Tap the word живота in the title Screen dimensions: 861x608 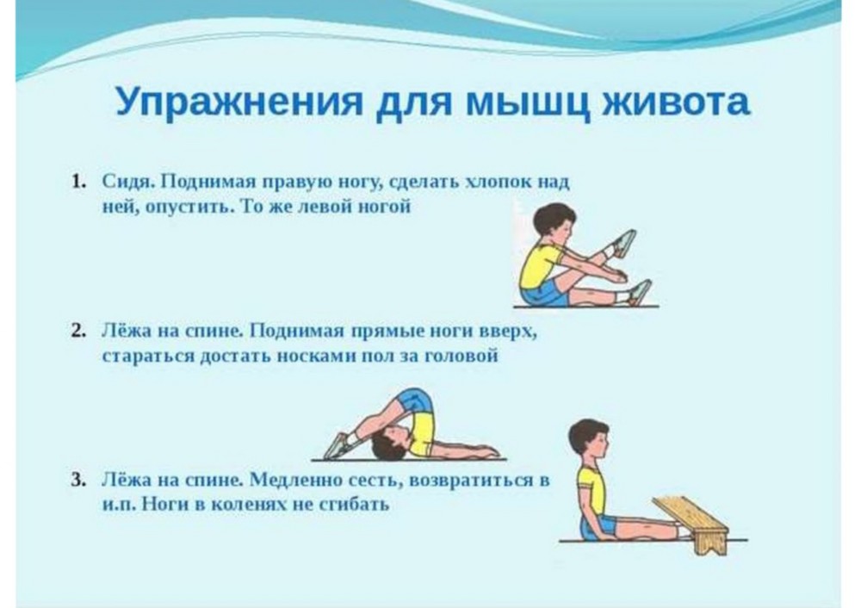[675, 101]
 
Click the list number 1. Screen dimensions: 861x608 [78, 182]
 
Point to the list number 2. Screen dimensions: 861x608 [78, 332]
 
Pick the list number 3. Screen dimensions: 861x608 [78, 480]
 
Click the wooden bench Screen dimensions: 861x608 [691, 523]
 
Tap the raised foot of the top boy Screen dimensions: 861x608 [623, 244]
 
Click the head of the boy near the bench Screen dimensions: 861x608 [589, 440]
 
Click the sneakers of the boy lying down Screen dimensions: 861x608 [337, 446]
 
